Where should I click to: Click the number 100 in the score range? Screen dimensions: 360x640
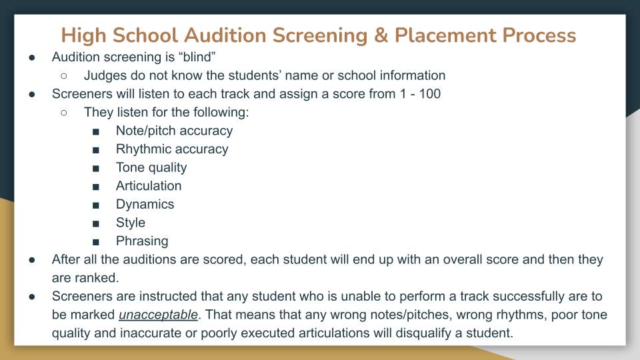tap(427, 94)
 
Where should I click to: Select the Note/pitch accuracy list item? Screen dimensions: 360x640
tap(174, 131)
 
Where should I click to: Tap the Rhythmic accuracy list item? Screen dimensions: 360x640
tap(172, 149)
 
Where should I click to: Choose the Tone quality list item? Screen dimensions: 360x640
tap(151, 167)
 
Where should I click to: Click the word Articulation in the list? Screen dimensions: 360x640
tap(149, 186)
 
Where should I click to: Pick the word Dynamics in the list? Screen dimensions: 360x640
tap(145, 204)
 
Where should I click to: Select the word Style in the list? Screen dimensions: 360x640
tap(131, 223)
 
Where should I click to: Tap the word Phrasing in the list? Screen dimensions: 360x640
tap(142, 241)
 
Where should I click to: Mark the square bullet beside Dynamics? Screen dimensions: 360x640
tap(97, 205)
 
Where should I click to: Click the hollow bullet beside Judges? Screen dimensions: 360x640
tap(64, 76)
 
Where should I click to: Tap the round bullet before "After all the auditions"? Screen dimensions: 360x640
tap(32, 259)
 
